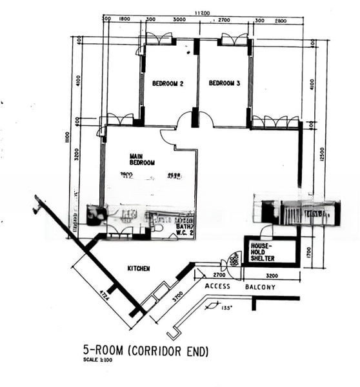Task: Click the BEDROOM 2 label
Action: pyautogui.click(x=168, y=83)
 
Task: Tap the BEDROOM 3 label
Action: pyautogui.click(x=225, y=83)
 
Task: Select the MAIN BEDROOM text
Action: pyautogui.click(x=142, y=159)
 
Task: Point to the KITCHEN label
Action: pyautogui.click(x=138, y=268)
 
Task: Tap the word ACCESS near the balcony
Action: pyautogui.click(x=217, y=286)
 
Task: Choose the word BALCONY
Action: pyautogui.click(x=260, y=287)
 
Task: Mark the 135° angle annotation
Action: pyautogui.click(x=225, y=308)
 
